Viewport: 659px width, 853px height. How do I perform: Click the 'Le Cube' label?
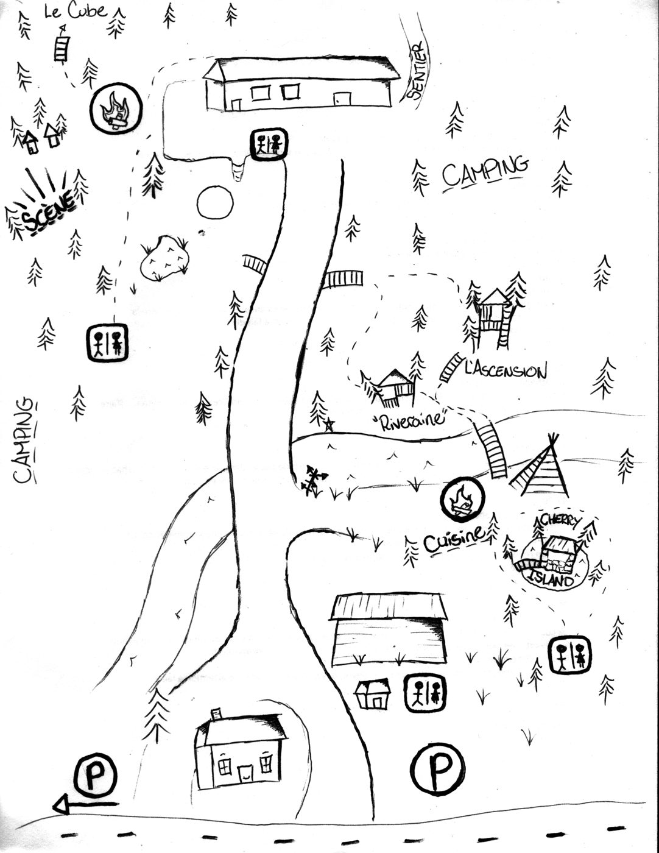click(x=76, y=11)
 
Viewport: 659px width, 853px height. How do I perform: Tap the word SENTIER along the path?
click(x=416, y=70)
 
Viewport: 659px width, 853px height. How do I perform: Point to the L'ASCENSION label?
click(x=506, y=370)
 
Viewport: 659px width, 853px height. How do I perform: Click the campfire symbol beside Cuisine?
click(x=462, y=500)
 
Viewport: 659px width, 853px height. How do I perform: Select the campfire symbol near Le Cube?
click(x=116, y=108)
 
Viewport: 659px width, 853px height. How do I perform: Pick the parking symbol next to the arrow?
click(x=96, y=774)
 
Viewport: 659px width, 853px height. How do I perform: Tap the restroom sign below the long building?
click(x=269, y=144)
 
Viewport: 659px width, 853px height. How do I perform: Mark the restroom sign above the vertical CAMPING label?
click(x=107, y=342)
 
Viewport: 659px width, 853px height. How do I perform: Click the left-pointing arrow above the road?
click(x=85, y=803)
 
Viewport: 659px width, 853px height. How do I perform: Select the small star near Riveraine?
click(x=329, y=425)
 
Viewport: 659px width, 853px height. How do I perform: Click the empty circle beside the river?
click(x=215, y=202)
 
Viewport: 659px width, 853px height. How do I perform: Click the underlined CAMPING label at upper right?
click(x=485, y=171)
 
